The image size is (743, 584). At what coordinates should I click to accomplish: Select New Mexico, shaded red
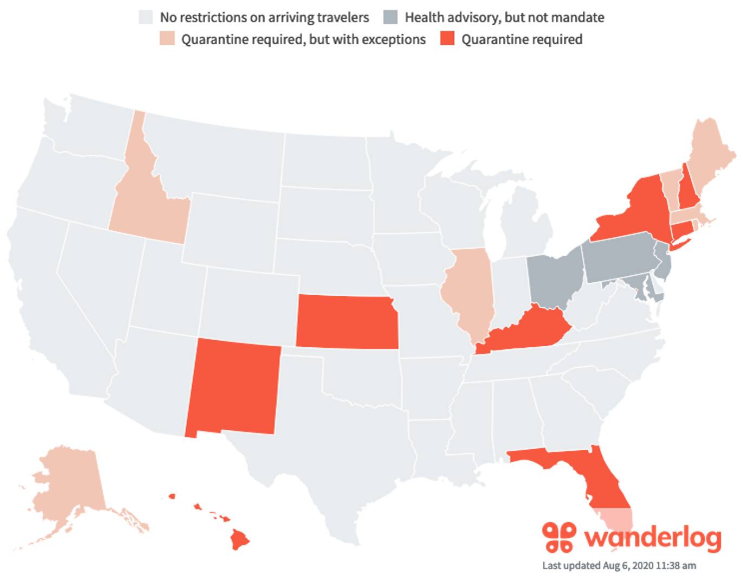click(x=233, y=388)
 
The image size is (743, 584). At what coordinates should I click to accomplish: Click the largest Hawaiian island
click(x=240, y=539)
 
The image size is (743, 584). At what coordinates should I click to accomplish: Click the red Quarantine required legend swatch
click(x=447, y=39)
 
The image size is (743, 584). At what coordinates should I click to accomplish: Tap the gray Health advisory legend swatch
click(x=390, y=17)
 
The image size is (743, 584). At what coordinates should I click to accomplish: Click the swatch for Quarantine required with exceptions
click(x=167, y=39)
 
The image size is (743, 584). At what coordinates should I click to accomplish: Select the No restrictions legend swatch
click(x=145, y=17)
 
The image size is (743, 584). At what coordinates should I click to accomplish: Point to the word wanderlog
click(x=653, y=537)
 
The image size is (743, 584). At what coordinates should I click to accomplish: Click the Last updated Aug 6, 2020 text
click(x=619, y=566)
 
